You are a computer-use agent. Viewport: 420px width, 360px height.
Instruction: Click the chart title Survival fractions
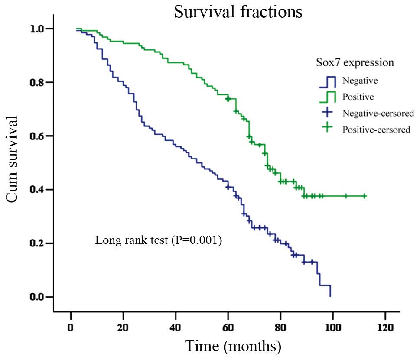[x=238, y=12]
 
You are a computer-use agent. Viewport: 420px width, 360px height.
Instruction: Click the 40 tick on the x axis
[x=176, y=326]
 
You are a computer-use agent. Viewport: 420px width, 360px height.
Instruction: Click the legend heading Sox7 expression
[x=355, y=63]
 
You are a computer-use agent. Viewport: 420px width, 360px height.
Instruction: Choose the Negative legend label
[x=359, y=80]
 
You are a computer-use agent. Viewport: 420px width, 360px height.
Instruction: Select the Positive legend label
[x=358, y=96]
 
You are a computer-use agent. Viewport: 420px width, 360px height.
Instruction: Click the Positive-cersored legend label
[x=376, y=130]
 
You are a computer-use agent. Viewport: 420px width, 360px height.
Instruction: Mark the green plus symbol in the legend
[x=328, y=129]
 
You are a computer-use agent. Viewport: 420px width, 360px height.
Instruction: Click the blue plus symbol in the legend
[x=328, y=113]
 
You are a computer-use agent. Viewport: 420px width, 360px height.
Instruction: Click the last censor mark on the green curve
[x=365, y=196]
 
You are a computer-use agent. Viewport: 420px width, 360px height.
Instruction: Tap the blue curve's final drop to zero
[x=330, y=291]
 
